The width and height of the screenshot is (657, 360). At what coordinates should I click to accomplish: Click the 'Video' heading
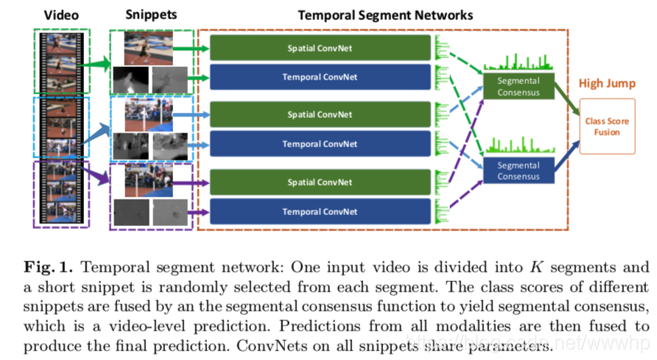click(60, 14)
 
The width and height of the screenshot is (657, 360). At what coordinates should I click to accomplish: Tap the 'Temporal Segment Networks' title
click(385, 15)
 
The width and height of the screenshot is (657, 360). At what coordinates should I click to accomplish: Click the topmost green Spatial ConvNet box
click(320, 48)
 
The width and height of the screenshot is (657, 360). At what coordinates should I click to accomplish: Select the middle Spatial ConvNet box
click(320, 115)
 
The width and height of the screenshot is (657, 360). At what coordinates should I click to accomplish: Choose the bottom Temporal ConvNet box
click(320, 211)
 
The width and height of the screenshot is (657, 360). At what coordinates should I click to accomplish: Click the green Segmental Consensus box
click(518, 87)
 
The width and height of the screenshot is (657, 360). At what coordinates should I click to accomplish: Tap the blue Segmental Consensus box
click(518, 171)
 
